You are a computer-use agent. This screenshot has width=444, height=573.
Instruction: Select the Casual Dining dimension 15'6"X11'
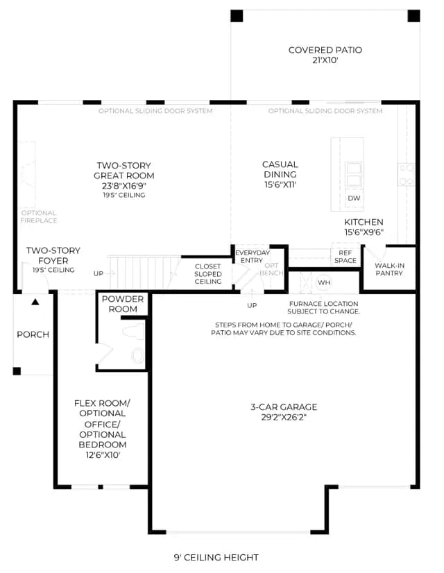point(280,185)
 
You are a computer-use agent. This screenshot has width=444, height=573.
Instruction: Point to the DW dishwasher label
point(354,198)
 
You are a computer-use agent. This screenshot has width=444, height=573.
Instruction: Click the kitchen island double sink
point(354,175)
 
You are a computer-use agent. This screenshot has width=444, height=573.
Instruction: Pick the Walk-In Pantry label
point(389,269)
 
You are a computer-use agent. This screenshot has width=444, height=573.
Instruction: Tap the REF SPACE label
point(345,257)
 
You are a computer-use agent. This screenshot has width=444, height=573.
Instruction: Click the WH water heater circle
point(324,282)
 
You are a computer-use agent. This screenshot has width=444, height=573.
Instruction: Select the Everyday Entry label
point(252,257)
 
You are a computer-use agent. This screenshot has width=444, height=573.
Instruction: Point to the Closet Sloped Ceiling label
point(208,274)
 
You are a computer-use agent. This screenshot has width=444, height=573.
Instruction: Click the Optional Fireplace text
point(39,216)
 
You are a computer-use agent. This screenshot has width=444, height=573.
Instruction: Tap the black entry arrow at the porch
point(35,302)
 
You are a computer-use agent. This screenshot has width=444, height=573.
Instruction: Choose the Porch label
point(33,334)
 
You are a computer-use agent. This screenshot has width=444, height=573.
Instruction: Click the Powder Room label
point(123,304)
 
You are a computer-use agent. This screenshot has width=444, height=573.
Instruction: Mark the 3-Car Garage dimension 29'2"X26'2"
point(284,418)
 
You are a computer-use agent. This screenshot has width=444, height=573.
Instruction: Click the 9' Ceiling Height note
point(216,557)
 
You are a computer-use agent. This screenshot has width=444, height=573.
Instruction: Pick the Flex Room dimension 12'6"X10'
point(102,455)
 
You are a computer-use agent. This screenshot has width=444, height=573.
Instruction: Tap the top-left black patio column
point(237,16)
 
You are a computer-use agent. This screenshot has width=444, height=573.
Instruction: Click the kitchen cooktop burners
point(407,174)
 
